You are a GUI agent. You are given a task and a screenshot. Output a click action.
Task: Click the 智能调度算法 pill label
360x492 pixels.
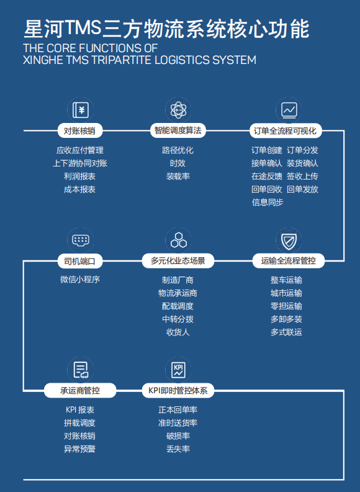[178, 130]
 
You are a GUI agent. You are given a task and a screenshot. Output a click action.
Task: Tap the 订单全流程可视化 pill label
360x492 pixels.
[286, 130]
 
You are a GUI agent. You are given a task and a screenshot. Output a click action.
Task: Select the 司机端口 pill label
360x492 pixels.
[80, 261]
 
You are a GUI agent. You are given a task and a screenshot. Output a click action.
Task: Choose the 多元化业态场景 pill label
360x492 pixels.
[178, 261]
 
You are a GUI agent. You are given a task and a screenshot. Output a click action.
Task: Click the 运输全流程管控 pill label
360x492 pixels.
[289, 261]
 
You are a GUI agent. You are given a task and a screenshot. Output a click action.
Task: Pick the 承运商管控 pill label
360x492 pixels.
[80, 390]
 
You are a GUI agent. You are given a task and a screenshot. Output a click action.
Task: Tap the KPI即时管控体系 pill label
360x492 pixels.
[178, 390]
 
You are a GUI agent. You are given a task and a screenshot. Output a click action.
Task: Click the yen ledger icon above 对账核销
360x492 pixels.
[81, 110]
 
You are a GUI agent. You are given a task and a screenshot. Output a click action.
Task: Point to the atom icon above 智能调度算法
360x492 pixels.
[178, 110]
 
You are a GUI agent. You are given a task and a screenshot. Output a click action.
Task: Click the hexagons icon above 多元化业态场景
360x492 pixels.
[178, 240]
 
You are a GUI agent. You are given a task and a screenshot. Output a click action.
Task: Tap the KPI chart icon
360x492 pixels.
[178, 370]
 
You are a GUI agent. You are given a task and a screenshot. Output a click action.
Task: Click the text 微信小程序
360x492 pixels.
[80, 280]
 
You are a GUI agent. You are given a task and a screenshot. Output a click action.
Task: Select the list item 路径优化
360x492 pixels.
[178, 150]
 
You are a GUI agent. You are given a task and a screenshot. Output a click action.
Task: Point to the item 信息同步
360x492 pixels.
[268, 202]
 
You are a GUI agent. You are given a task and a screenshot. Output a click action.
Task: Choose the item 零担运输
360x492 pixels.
[286, 306]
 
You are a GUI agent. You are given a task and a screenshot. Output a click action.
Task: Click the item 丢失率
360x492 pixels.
[178, 449]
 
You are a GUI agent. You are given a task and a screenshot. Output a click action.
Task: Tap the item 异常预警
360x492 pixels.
[79, 449]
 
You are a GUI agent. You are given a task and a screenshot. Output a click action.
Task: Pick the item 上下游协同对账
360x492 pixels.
[80, 163]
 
